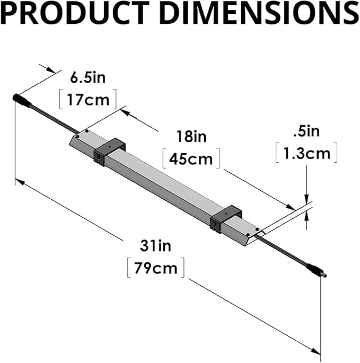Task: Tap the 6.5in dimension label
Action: (x=88, y=79)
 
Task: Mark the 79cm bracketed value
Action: (x=156, y=267)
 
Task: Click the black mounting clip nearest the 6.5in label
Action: (x=109, y=151)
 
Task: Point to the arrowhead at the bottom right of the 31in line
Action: (x=317, y=350)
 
